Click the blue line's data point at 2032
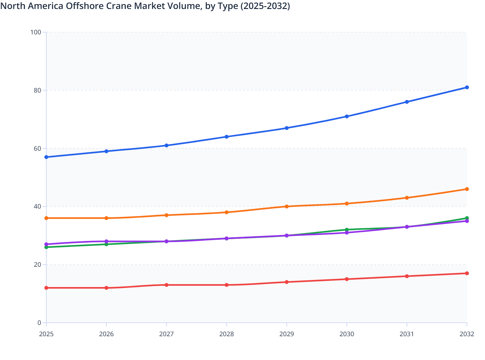point(467,87)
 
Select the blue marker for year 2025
point(46,157)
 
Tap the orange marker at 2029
point(287,206)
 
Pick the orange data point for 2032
point(467,189)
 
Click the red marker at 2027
point(167,285)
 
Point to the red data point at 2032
point(467,273)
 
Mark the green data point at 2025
point(46,247)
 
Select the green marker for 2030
point(347,230)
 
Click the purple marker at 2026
point(106,241)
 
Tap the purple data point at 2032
point(467,221)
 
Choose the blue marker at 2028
point(226,137)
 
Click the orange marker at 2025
point(46,218)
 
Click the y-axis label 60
point(37,148)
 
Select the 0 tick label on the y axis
point(39,323)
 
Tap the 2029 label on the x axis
point(287,334)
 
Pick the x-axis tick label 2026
point(106,334)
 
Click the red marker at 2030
point(347,279)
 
